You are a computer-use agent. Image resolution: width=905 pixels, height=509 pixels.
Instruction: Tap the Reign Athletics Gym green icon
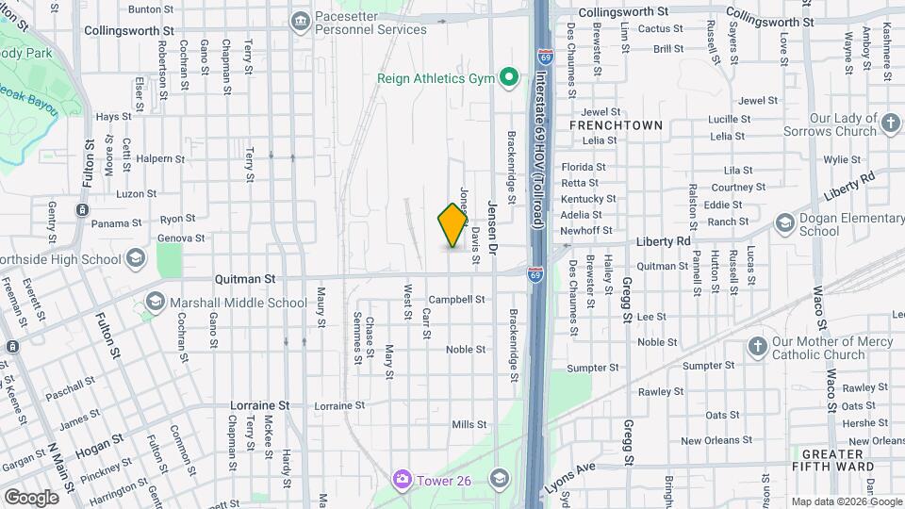[510, 77]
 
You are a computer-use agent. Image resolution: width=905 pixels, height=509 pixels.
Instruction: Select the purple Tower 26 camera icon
[403, 480]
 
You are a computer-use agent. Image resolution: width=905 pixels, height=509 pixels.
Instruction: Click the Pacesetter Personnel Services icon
[301, 20]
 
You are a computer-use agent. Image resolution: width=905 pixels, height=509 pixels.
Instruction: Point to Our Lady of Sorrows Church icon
[891, 123]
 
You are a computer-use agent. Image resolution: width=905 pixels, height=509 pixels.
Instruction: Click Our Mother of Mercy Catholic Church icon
[757, 347]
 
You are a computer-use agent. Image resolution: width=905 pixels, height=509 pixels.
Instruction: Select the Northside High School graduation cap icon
[136, 257]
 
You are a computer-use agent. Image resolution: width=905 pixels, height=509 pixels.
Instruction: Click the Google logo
[31, 497]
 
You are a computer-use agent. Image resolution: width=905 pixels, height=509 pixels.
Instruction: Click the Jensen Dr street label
[491, 225]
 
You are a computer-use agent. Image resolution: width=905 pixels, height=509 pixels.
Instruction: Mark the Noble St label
[466, 349]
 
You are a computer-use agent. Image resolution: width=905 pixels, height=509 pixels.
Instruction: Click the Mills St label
[469, 425]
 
